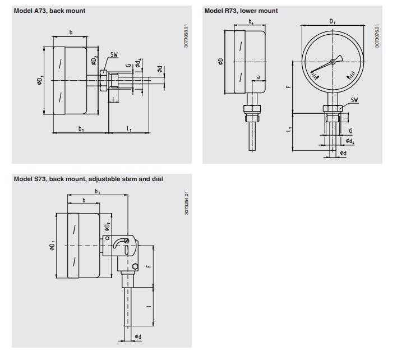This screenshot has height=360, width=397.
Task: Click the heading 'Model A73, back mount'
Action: (49, 11)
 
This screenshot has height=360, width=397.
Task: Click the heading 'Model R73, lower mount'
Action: (241, 11)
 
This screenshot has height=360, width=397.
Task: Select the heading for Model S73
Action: (89, 179)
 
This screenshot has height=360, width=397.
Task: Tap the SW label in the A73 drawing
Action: (114, 54)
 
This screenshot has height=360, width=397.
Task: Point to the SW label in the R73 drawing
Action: (354, 100)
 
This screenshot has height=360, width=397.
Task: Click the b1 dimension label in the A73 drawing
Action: (81, 128)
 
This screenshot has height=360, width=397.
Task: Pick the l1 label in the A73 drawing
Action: (129, 128)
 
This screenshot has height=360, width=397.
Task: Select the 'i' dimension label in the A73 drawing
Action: (113, 99)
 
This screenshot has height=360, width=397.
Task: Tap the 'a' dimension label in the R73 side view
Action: (258, 77)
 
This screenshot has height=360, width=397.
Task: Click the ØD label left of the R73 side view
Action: (220, 61)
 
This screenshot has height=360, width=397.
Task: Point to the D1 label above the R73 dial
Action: (333, 22)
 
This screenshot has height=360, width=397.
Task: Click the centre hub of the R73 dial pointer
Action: (333, 61)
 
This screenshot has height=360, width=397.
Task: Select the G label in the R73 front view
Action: (350, 131)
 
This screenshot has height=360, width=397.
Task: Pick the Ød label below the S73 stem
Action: (138, 336)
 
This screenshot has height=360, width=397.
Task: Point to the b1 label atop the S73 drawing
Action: (97, 192)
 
